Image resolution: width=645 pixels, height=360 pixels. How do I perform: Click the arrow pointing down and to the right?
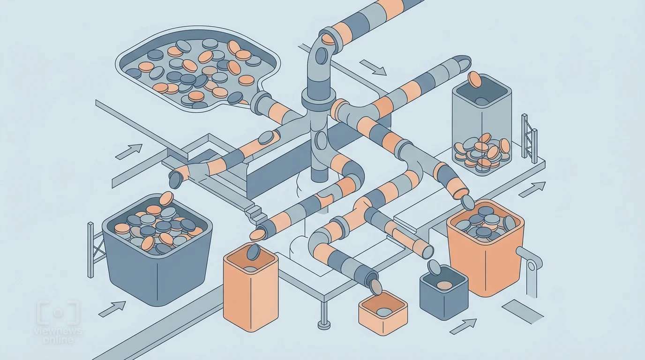[373, 67]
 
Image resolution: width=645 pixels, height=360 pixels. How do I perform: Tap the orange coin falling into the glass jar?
[474, 79]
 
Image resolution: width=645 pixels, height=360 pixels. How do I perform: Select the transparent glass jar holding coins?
[481, 125]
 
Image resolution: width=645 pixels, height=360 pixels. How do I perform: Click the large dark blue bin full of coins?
[157, 249]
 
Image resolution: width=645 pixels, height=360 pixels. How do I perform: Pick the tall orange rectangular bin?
[251, 287]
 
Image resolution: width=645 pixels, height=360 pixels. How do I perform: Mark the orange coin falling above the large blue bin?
[166, 198]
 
